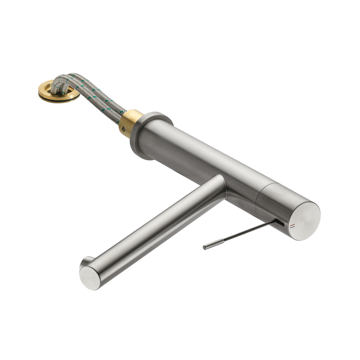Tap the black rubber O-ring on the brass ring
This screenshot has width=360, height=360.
tap(60, 101)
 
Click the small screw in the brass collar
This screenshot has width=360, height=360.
tap(123, 129)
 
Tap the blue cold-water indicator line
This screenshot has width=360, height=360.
tap(292, 227)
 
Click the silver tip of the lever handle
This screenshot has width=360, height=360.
tap(210, 246)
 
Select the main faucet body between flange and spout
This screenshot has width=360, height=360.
tap(197, 155)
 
